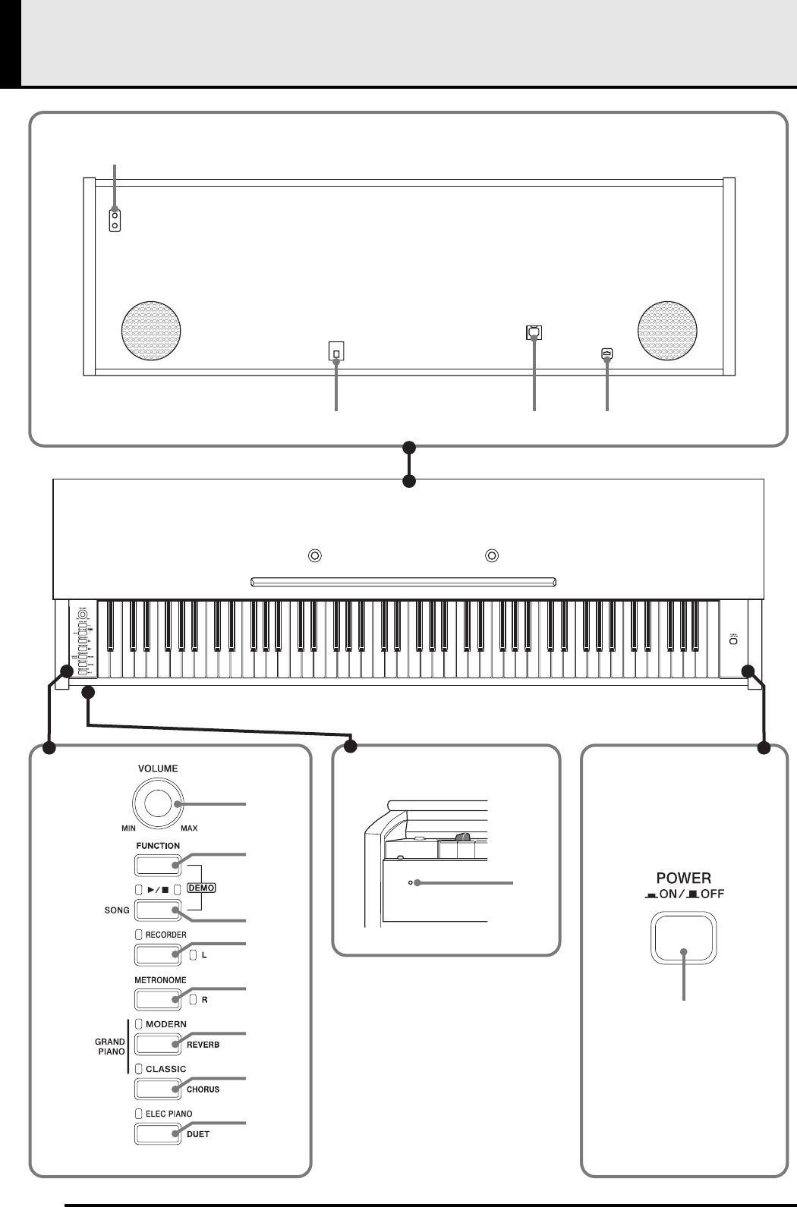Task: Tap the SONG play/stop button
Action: (x=158, y=910)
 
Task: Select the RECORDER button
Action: (x=158, y=954)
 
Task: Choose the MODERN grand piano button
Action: (x=158, y=1044)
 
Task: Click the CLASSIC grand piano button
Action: (x=158, y=1089)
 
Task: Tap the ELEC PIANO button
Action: (x=158, y=1133)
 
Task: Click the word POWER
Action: (x=683, y=878)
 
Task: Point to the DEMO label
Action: (x=201, y=888)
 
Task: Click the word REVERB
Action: (x=203, y=1045)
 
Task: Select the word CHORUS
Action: (x=203, y=1089)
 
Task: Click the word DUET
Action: (x=197, y=1134)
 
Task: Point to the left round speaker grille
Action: (x=151, y=332)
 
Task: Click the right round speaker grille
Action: (x=667, y=331)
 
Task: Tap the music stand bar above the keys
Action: (x=403, y=582)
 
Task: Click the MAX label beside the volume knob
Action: (x=189, y=828)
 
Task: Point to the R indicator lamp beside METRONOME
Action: (x=193, y=999)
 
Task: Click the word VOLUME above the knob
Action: (x=158, y=769)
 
